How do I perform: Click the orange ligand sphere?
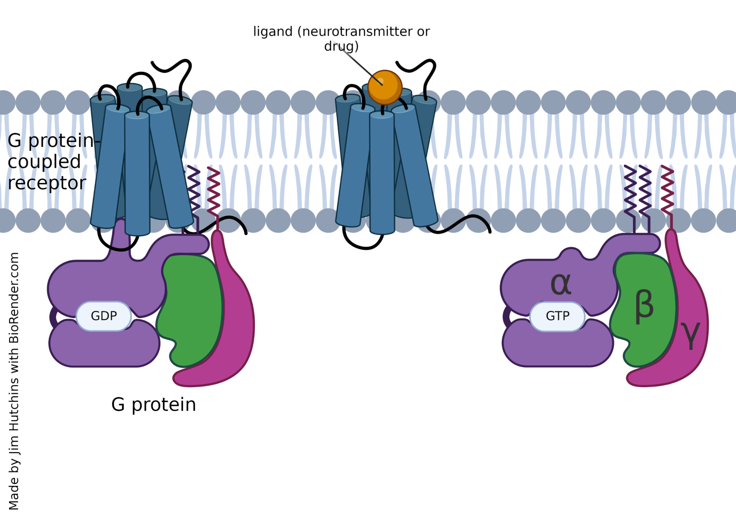[x=384, y=87]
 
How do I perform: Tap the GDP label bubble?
[x=103, y=316]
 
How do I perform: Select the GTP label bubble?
[x=557, y=316]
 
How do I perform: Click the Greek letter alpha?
[x=561, y=284]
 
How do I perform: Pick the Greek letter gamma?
[x=690, y=335]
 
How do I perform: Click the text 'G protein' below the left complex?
[x=153, y=405]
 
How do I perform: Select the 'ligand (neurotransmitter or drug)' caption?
[x=341, y=38]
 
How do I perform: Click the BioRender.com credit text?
[x=14, y=381]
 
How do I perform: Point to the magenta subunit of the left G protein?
[x=235, y=326]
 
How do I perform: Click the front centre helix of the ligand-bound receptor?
[x=382, y=172]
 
